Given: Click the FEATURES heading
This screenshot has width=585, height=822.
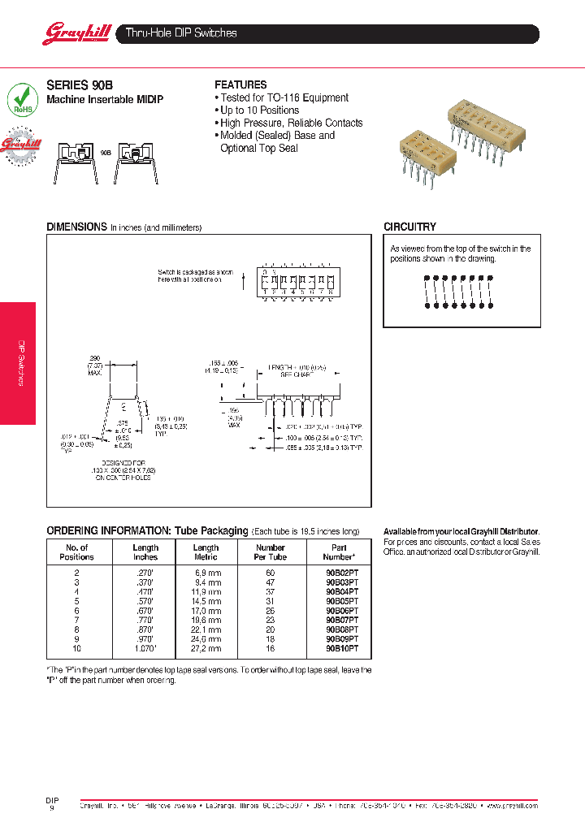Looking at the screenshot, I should (x=240, y=84).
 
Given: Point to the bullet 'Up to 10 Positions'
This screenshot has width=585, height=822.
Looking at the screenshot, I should (x=259, y=110).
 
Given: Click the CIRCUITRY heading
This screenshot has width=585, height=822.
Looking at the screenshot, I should (x=409, y=227).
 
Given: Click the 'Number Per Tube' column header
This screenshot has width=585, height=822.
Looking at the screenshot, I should (x=271, y=552).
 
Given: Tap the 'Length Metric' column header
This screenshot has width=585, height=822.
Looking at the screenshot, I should (x=206, y=552).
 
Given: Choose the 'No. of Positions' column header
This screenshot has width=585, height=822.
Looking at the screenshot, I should (x=77, y=552).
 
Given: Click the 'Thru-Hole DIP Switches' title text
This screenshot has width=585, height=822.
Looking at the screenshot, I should (x=181, y=33).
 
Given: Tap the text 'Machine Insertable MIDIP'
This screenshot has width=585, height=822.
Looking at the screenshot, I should (x=105, y=99).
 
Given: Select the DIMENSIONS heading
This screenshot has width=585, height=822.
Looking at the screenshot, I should (x=76, y=227).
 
